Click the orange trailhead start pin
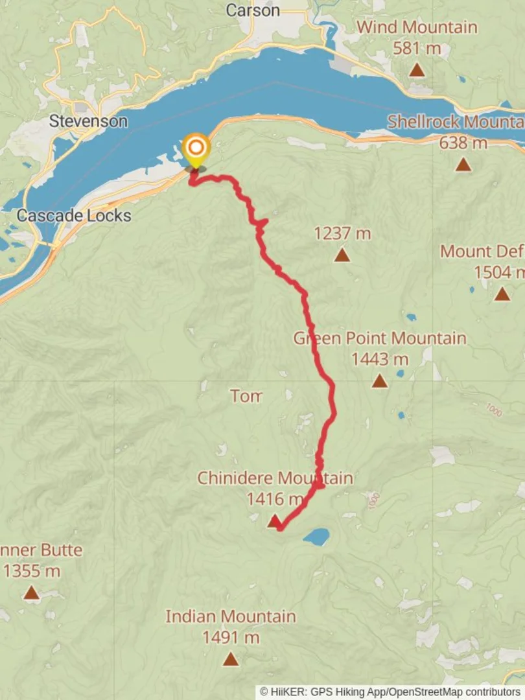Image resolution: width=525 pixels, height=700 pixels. point(195,148)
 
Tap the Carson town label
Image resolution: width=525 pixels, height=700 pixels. point(253,10)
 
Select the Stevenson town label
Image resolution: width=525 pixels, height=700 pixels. point(89,121)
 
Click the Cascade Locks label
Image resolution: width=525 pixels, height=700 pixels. point(74,216)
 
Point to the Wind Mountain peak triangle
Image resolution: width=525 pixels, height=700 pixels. point(417,70)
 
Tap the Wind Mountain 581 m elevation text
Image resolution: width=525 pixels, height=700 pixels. point(417,48)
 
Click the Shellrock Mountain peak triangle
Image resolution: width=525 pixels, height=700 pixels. point(463,165)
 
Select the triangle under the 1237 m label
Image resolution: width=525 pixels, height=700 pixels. point(342,255)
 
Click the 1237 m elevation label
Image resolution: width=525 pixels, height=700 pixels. point(342,233)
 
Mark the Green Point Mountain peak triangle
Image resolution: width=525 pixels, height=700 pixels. point(380,381)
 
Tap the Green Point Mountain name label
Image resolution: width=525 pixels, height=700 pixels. point(380,338)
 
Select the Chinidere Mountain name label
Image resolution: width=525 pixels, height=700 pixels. point(275,478)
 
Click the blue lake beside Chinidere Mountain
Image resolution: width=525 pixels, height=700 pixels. point(316,537)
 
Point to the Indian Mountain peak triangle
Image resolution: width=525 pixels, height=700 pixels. point(231,660)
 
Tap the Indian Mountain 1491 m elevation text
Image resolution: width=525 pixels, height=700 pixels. point(231,638)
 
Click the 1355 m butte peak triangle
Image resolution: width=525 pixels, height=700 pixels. point(31,592)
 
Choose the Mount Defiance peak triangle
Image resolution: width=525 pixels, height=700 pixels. point(502,294)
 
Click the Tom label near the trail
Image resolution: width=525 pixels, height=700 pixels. point(246,396)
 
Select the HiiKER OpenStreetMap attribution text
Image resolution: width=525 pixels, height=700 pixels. point(390,692)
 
